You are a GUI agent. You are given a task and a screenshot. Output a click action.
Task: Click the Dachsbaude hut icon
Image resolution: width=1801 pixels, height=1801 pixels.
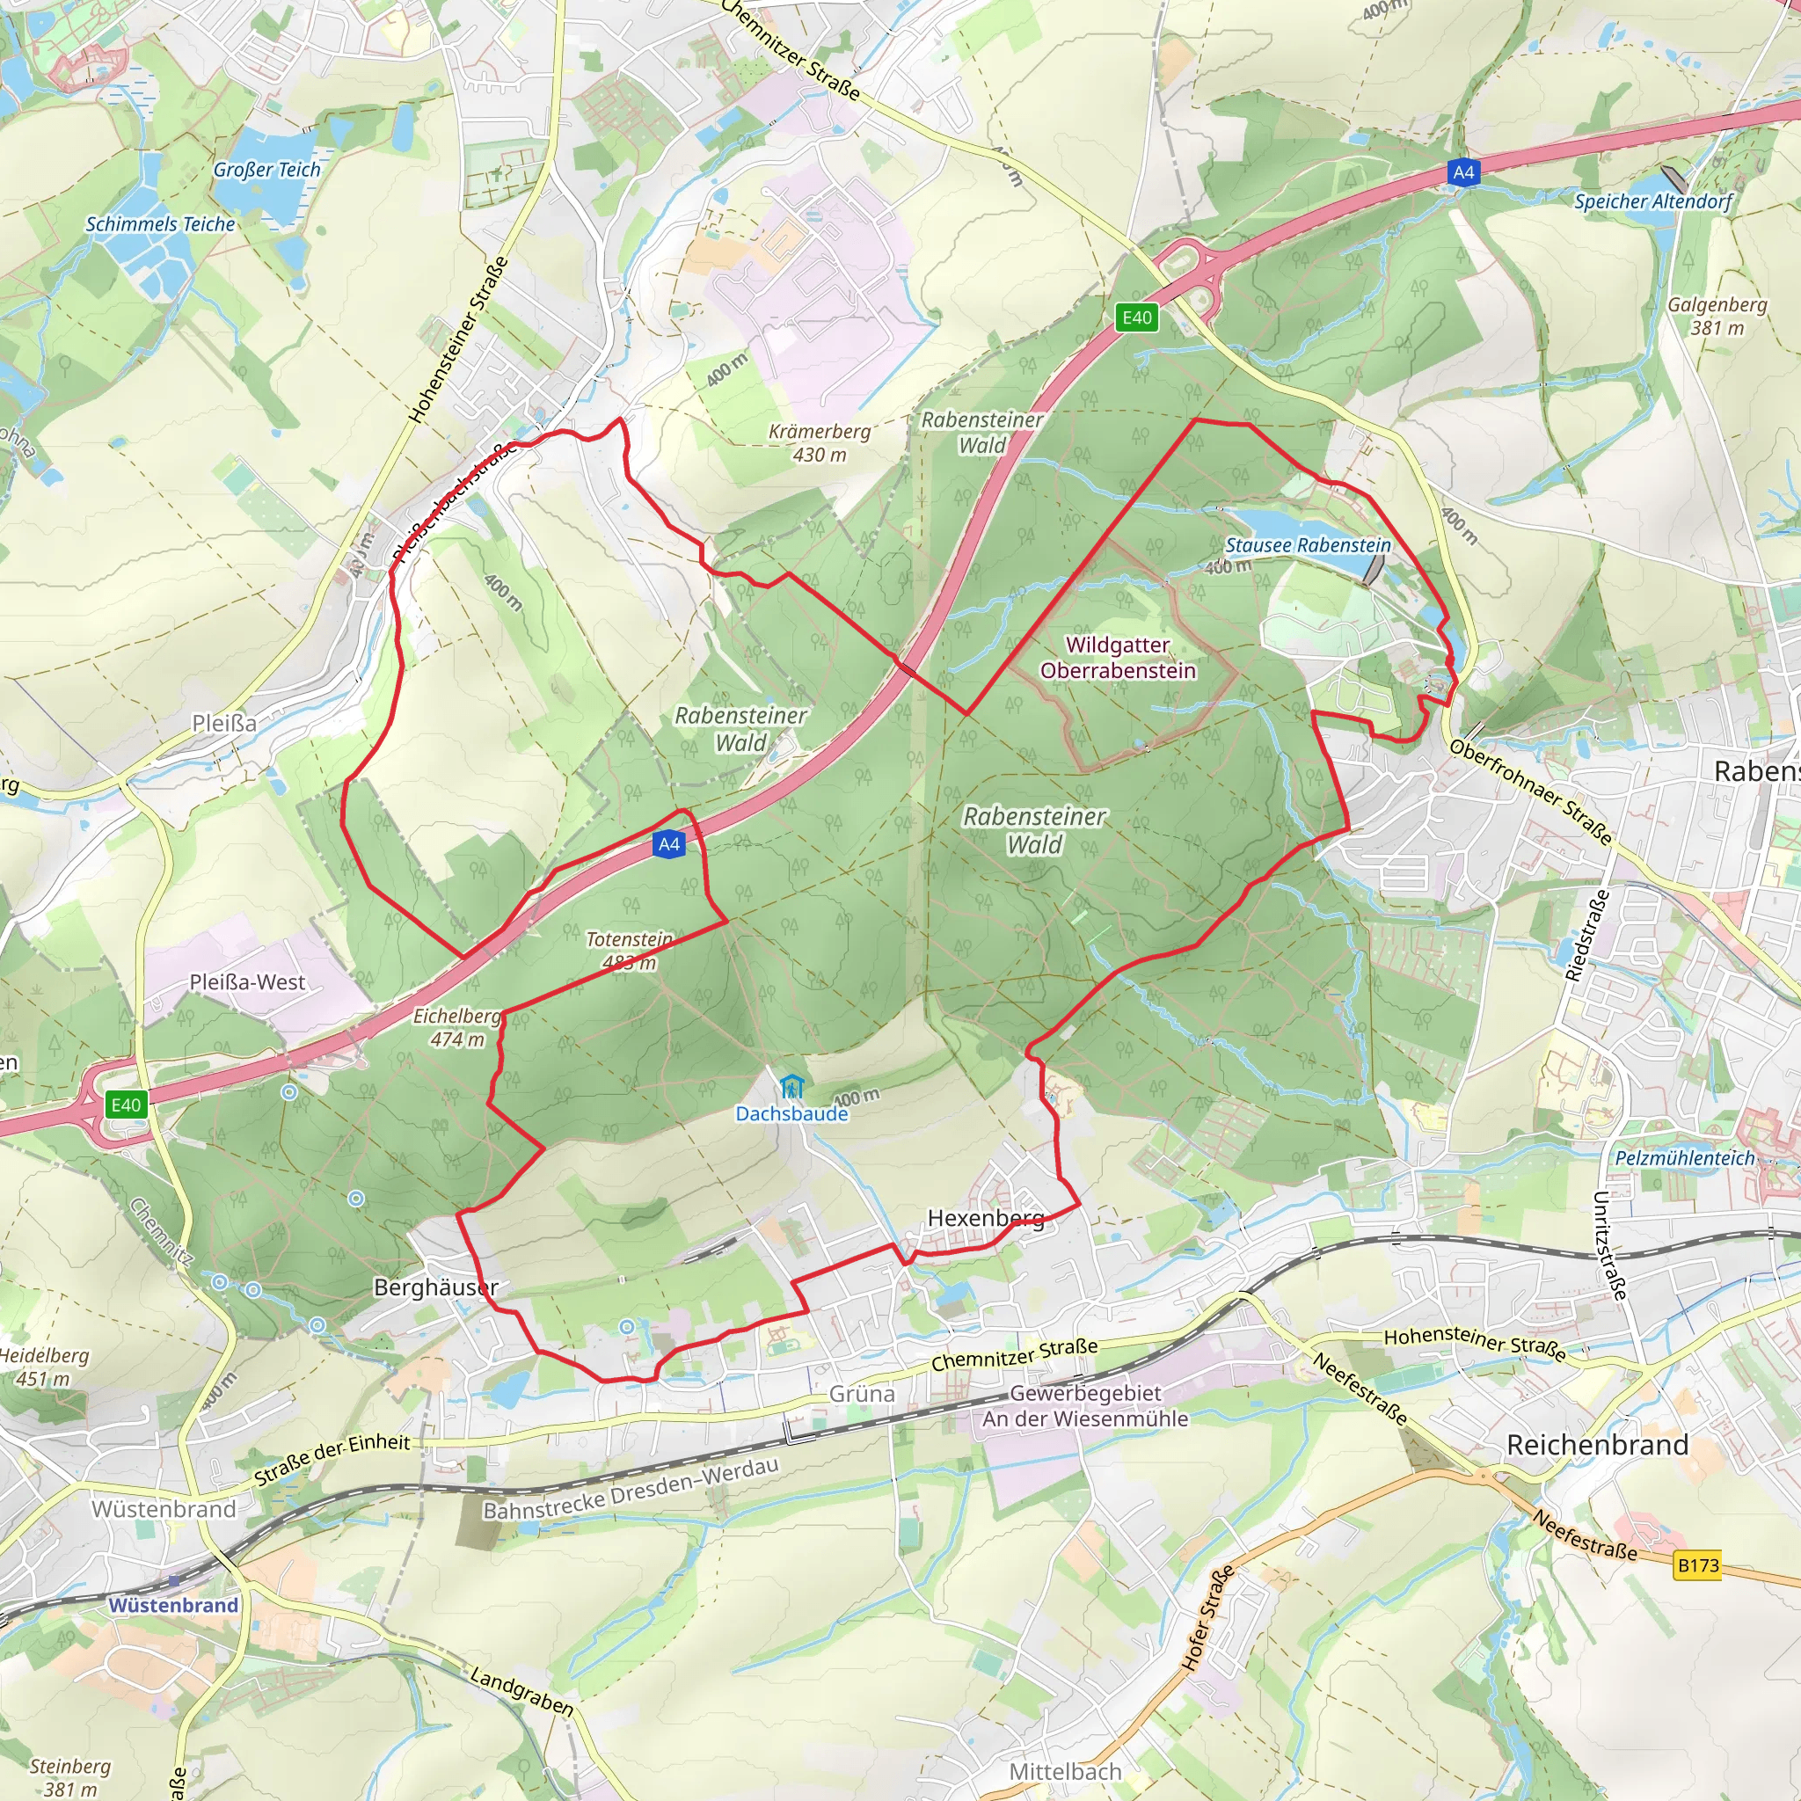pyautogui.click(x=791, y=1086)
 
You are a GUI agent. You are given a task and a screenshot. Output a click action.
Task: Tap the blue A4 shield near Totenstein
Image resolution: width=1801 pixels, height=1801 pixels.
pyautogui.click(x=669, y=844)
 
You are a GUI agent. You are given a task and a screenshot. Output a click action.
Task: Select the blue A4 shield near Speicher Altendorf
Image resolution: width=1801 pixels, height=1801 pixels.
pyautogui.click(x=1463, y=171)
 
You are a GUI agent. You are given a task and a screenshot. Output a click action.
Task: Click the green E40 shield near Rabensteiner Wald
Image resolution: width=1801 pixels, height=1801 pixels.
pyautogui.click(x=1136, y=317)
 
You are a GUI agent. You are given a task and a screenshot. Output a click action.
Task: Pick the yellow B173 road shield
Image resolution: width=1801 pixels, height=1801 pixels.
pyautogui.click(x=1697, y=1565)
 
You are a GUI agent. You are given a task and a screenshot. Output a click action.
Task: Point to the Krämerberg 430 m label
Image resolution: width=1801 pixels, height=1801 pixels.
pyautogui.click(x=820, y=443)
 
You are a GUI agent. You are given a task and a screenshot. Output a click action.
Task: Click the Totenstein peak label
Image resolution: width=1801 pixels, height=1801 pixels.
pyautogui.click(x=630, y=940)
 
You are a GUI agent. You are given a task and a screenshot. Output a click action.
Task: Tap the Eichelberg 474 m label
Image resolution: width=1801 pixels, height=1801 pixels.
pyautogui.click(x=456, y=1027)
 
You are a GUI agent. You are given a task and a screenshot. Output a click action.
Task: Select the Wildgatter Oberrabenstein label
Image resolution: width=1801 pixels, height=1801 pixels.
pyautogui.click(x=1118, y=657)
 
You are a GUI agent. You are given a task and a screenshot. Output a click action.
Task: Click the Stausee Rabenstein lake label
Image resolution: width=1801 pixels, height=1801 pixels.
pyautogui.click(x=1307, y=545)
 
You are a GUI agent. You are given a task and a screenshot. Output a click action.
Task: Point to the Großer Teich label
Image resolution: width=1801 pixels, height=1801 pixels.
pyautogui.click(x=266, y=170)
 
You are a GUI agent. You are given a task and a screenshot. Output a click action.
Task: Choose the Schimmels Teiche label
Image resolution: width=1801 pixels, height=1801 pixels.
pyautogui.click(x=160, y=223)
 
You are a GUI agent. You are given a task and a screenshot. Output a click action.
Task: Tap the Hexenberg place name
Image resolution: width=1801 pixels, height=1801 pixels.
pyautogui.click(x=985, y=1217)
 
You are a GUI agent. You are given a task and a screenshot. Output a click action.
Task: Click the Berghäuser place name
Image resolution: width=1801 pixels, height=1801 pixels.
pyautogui.click(x=435, y=1287)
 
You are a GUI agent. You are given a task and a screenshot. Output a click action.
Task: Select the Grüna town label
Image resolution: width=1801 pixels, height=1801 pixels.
pyautogui.click(x=863, y=1394)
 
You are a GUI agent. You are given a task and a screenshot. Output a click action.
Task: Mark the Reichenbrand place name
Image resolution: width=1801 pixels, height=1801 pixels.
pyautogui.click(x=1597, y=1445)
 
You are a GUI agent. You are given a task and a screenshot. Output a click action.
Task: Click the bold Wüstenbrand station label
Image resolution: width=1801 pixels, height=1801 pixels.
pyautogui.click(x=173, y=1605)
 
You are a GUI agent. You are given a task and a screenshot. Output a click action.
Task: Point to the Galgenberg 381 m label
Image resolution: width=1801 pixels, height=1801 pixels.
pyautogui.click(x=1717, y=316)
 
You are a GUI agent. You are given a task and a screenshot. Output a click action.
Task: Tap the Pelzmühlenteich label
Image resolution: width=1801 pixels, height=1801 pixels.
pyautogui.click(x=1684, y=1158)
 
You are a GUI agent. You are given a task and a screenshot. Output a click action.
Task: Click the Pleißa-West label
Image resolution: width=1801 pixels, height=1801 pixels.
pyautogui.click(x=247, y=981)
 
